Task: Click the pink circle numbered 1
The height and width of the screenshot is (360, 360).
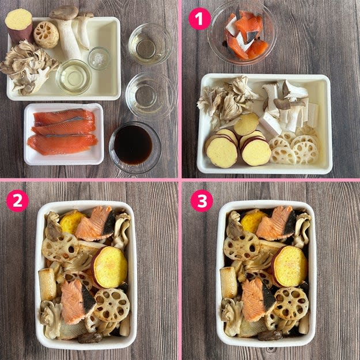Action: tap(199, 19)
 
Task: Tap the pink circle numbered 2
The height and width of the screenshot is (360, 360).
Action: tap(17, 200)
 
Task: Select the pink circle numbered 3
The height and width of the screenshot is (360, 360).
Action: tap(202, 200)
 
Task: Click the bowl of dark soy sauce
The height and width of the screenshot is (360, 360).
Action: tap(135, 147)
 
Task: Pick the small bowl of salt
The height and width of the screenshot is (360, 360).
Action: tap(99, 58)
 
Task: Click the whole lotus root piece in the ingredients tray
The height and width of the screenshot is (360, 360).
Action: tap(47, 35)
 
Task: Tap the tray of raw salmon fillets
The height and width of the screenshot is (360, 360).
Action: tap(64, 134)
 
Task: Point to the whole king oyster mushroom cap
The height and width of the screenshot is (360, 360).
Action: tap(64, 13)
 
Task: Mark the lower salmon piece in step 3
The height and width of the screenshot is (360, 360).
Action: tap(259, 300)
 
